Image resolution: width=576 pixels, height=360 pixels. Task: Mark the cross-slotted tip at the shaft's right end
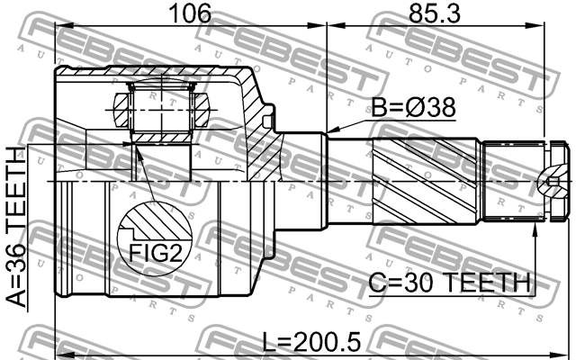click(554, 183)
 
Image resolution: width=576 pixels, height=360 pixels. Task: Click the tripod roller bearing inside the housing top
click(161, 111)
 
